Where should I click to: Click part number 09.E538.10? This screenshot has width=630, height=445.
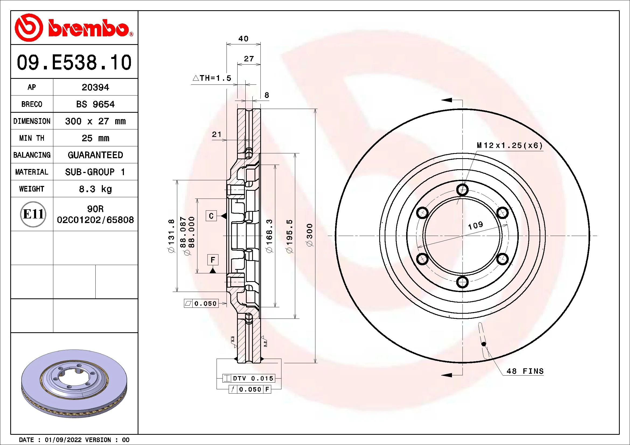point(74,62)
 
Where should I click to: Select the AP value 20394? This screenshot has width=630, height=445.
point(95,87)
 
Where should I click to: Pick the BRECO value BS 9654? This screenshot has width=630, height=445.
point(95,104)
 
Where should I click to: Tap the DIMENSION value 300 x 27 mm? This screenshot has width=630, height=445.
point(95,121)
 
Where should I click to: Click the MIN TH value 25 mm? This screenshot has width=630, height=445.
point(95,138)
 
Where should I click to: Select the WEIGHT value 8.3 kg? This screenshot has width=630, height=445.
point(95,189)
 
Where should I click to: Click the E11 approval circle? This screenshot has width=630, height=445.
point(33,214)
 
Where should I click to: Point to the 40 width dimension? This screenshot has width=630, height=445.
point(243,39)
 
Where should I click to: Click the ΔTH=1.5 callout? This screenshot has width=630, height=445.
point(212,78)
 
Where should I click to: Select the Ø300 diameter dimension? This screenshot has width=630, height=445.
point(310,235)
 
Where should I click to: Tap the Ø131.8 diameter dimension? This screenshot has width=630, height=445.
point(171,236)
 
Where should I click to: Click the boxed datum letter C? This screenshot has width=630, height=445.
point(211,216)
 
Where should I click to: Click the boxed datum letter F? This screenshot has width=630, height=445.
point(213,260)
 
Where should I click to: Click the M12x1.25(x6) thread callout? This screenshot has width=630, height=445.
point(510,146)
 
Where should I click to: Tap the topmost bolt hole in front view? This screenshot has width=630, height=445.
point(462,189)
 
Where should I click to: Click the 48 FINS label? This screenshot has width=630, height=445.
point(525,371)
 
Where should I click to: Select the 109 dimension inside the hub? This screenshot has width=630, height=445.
point(475,225)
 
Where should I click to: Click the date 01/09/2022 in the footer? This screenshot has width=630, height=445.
point(63,440)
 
